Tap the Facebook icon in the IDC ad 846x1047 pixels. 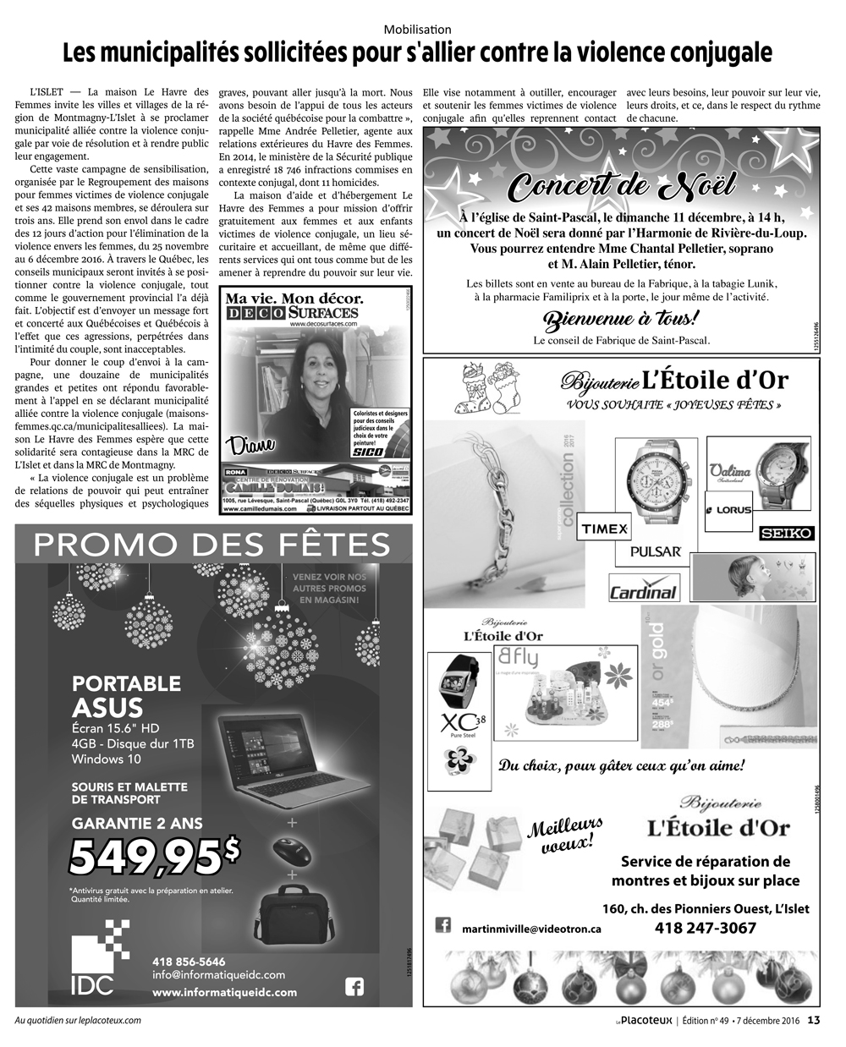354,986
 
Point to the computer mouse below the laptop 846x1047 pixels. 293,849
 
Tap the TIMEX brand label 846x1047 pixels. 604,529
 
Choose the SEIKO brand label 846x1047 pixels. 786,534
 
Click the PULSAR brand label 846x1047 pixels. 656,551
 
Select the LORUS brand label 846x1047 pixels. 728,510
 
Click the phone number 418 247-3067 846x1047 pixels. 706,928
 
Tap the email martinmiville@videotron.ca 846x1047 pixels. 531,928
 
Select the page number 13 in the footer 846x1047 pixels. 814,1020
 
